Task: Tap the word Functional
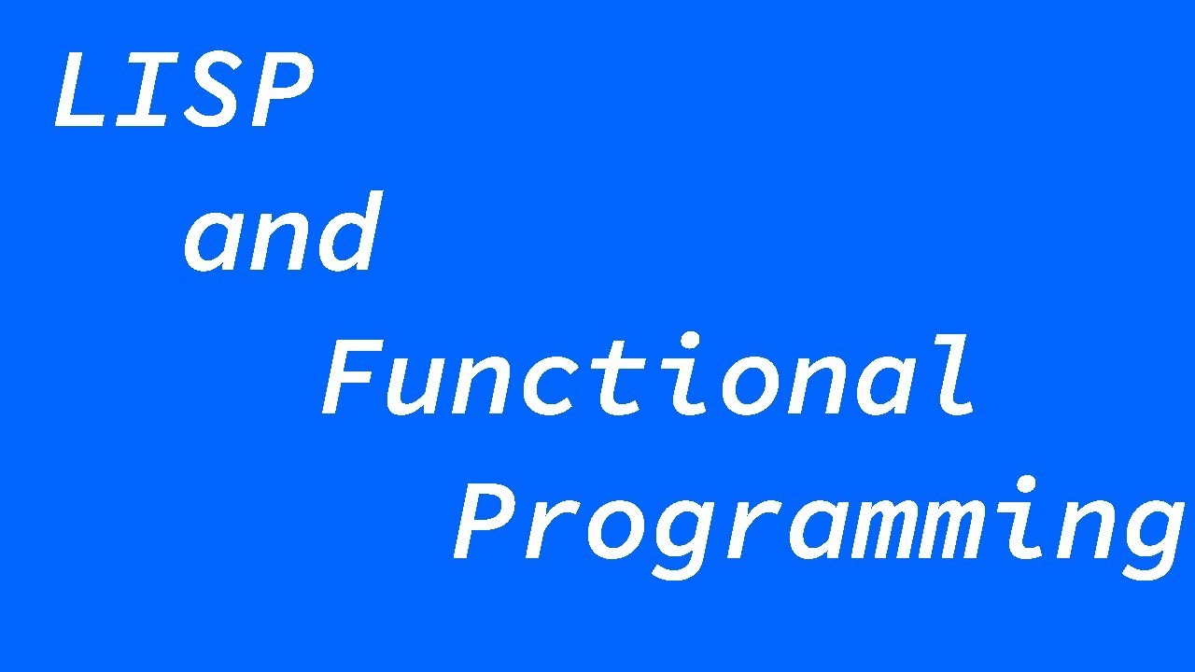click(x=649, y=378)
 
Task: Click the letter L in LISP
click(x=86, y=91)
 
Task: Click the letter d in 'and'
click(x=348, y=233)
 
